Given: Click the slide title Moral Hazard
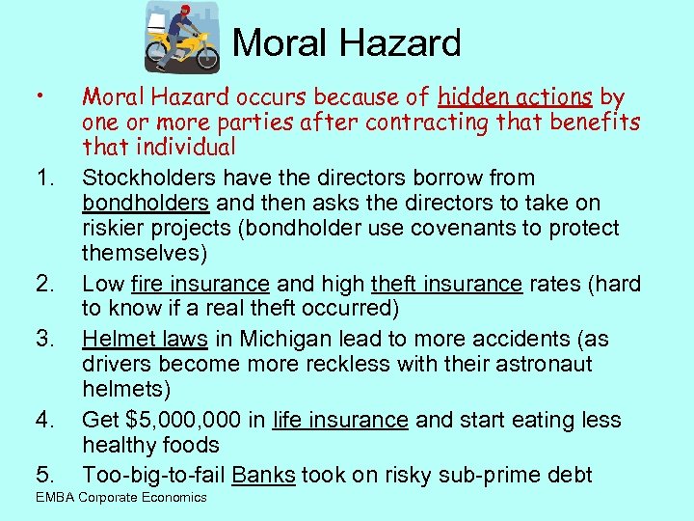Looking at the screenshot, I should (346, 42).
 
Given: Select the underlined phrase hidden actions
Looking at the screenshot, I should (516, 97).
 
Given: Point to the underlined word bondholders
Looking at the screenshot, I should (146, 204).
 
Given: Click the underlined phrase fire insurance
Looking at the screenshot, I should (200, 284).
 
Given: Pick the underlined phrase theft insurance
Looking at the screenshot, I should (446, 284).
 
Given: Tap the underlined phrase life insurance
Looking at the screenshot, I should (340, 421).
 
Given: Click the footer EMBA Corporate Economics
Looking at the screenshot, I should (120, 497).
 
